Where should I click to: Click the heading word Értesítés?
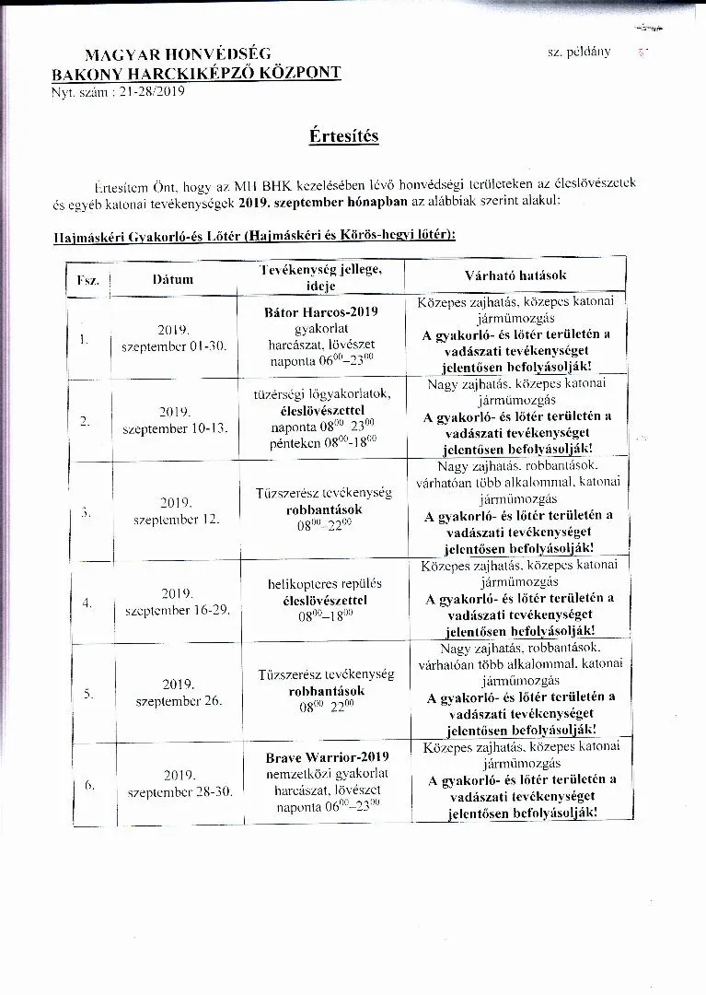click(x=343, y=136)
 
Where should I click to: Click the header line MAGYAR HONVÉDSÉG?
click(x=178, y=54)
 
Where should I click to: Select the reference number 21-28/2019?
click(x=153, y=91)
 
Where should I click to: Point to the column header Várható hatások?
click(x=515, y=275)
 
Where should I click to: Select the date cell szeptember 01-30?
click(x=174, y=345)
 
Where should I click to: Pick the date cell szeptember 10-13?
click(x=175, y=428)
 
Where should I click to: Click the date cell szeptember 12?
click(x=176, y=519)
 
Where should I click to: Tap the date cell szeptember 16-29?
click(x=176, y=610)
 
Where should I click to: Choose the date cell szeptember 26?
click(x=179, y=701)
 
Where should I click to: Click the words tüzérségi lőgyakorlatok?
click(x=322, y=393)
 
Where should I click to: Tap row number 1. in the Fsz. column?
click(x=84, y=338)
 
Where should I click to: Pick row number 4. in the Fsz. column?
click(x=87, y=603)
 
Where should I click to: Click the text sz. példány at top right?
click(x=579, y=52)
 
